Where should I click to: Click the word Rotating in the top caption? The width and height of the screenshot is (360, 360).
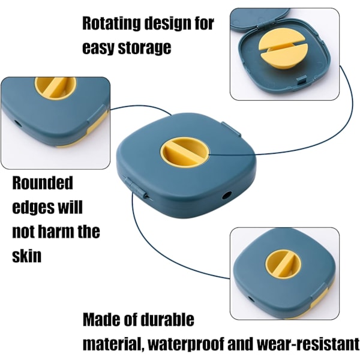[x=111, y=23]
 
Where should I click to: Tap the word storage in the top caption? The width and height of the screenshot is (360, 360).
[x=145, y=47]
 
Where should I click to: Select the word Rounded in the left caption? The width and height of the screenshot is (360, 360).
[x=43, y=183]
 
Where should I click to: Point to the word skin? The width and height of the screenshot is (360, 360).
[x=26, y=256]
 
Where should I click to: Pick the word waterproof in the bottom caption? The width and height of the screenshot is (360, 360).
[x=185, y=344]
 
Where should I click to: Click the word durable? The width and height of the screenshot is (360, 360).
[x=167, y=319]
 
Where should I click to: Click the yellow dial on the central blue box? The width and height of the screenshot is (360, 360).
[x=185, y=152]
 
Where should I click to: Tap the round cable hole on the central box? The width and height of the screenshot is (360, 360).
[x=226, y=196]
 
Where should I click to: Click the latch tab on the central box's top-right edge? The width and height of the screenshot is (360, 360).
[x=231, y=128]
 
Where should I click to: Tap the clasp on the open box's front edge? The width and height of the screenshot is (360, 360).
[x=301, y=81]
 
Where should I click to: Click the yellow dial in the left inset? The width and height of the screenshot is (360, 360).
[x=55, y=88]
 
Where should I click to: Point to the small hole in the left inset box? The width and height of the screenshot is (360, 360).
[x=17, y=124]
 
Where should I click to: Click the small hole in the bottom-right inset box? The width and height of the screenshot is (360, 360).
[x=251, y=299]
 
